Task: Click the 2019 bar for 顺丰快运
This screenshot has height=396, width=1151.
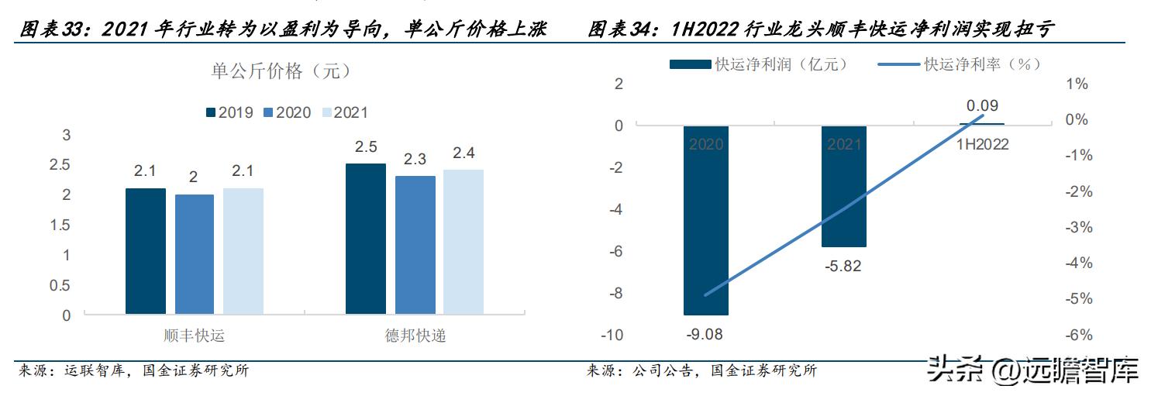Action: click(145, 251)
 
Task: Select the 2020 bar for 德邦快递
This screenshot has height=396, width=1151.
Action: click(415, 245)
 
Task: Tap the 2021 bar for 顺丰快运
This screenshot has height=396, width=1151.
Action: click(243, 251)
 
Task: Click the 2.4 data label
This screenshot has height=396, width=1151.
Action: click(464, 153)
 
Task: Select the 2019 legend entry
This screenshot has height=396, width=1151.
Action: click(230, 112)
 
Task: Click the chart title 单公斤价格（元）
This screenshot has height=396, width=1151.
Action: click(281, 71)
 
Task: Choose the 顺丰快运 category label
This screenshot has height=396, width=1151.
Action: click(195, 336)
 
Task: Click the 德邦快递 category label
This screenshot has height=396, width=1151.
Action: click(415, 336)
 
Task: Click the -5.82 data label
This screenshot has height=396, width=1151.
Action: click(843, 267)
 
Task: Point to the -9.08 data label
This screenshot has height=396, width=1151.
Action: click(705, 335)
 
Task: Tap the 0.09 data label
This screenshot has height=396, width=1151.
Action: click(982, 105)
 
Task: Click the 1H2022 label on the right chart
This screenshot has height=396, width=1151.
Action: click(982, 143)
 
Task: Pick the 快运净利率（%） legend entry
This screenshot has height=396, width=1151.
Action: click(961, 64)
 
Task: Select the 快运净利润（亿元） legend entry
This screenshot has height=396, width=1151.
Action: click(760, 64)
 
